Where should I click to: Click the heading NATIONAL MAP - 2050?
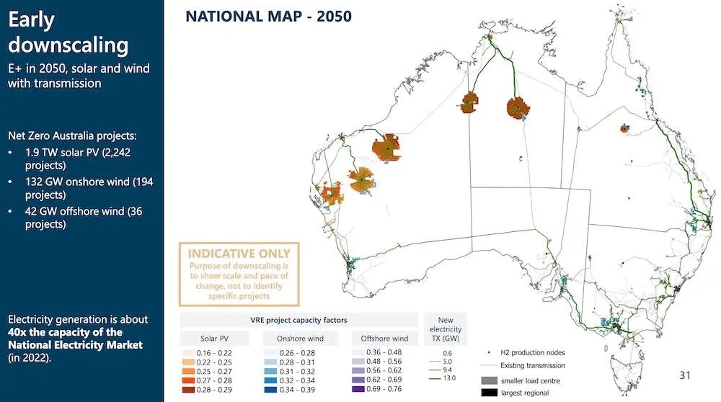(x=268, y=16)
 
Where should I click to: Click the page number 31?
(x=685, y=375)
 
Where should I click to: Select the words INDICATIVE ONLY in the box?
(x=239, y=254)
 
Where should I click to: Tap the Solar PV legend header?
(x=214, y=338)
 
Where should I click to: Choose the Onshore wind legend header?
(x=299, y=338)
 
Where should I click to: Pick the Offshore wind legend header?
(x=384, y=338)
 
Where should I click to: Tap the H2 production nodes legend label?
(x=524, y=352)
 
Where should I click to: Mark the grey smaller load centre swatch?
(x=489, y=380)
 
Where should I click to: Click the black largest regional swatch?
(x=489, y=393)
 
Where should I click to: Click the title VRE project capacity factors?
(x=298, y=319)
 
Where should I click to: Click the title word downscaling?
(x=68, y=45)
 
